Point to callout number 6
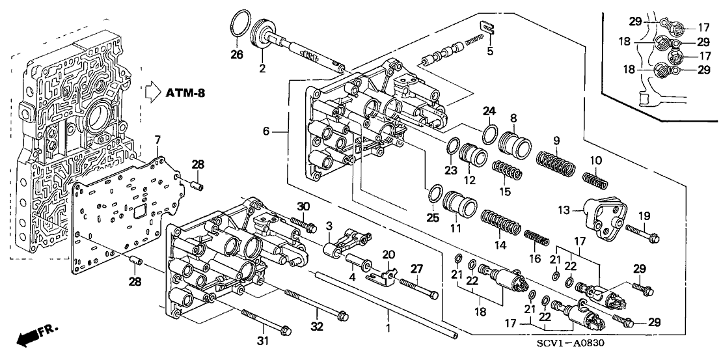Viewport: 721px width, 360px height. tap(265, 132)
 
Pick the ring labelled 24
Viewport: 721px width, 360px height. tap(489, 135)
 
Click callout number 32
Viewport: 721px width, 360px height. tap(318, 327)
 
